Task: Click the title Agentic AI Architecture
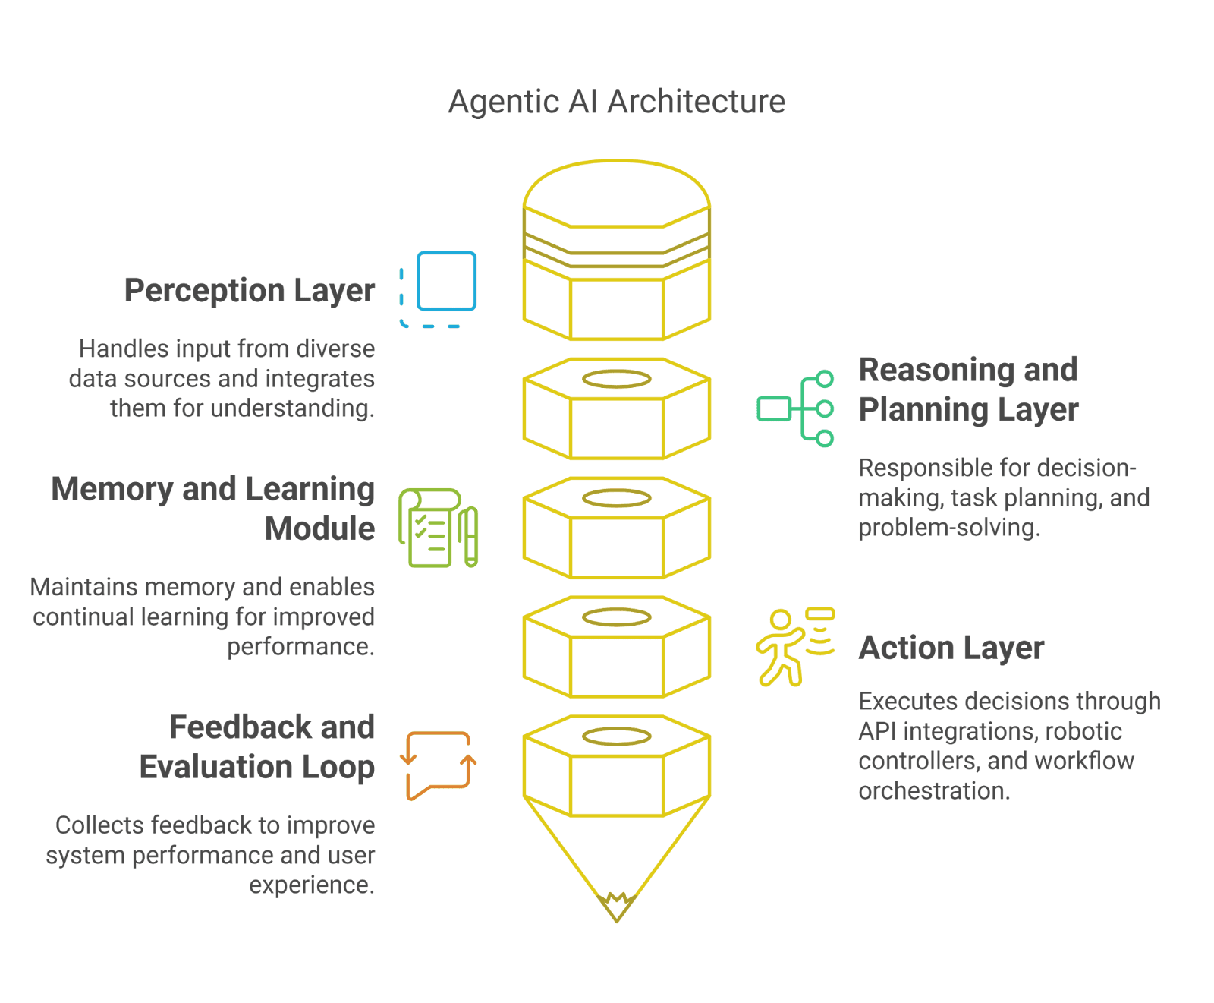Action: (x=616, y=102)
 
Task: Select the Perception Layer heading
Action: (x=250, y=291)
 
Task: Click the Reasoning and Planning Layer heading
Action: (x=968, y=390)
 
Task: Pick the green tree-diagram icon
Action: (x=795, y=408)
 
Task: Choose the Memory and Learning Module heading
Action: (x=213, y=509)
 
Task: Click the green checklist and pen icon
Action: (x=438, y=528)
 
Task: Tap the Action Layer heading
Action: (x=951, y=648)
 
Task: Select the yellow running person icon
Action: (x=795, y=647)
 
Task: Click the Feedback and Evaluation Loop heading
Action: (x=257, y=747)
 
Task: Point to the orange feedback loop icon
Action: (x=439, y=766)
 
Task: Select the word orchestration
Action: (x=934, y=791)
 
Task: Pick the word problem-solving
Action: (x=949, y=528)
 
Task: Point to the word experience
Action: (x=312, y=885)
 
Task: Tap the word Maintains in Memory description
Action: (x=84, y=587)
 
